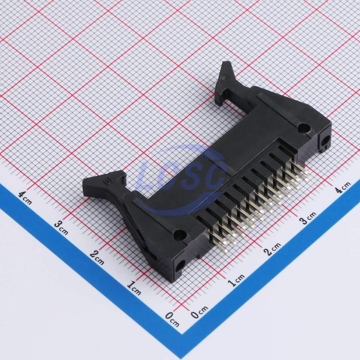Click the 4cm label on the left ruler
[x=25, y=198]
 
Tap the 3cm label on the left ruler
[x=61, y=228]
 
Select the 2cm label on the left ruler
[x=97, y=257]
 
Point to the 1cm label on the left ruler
[x=134, y=288]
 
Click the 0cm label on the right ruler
[x=200, y=312]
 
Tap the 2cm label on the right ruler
[x=272, y=249]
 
